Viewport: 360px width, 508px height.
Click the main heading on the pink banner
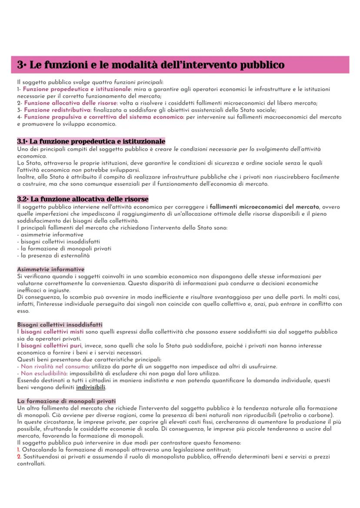[151, 65]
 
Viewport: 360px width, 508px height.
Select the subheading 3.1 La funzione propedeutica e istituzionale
[91, 142]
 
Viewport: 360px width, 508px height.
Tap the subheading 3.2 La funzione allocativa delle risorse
[83, 199]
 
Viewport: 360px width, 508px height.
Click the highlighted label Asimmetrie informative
[50, 269]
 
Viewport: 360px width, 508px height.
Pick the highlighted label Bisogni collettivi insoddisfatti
[60, 324]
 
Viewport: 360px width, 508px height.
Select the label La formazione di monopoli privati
[66, 400]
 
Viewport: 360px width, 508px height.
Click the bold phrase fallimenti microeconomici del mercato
[264, 207]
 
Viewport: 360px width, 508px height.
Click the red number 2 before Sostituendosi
[19, 457]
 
